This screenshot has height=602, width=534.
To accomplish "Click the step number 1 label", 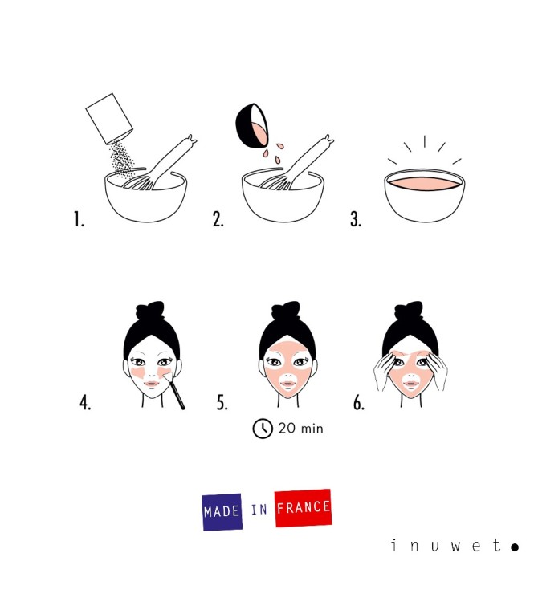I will (79, 220).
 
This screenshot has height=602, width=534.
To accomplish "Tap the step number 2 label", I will (218, 220).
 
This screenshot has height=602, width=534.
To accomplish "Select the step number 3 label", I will (355, 220).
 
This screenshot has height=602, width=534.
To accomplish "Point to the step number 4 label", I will (85, 403).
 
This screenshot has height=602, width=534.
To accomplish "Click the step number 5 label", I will (222, 403).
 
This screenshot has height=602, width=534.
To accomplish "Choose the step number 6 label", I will (359, 403).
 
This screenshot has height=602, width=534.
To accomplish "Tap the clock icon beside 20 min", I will (263, 429).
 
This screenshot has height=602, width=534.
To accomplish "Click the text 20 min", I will (300, 429).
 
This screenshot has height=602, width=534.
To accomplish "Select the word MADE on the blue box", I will (222, 512).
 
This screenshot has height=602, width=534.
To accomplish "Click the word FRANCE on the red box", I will (303, 508).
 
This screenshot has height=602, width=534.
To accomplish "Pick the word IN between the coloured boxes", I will (259, 510).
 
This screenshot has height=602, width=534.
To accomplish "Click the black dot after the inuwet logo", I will (514, 547).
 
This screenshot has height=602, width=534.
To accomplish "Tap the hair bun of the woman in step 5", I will (287, 311).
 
